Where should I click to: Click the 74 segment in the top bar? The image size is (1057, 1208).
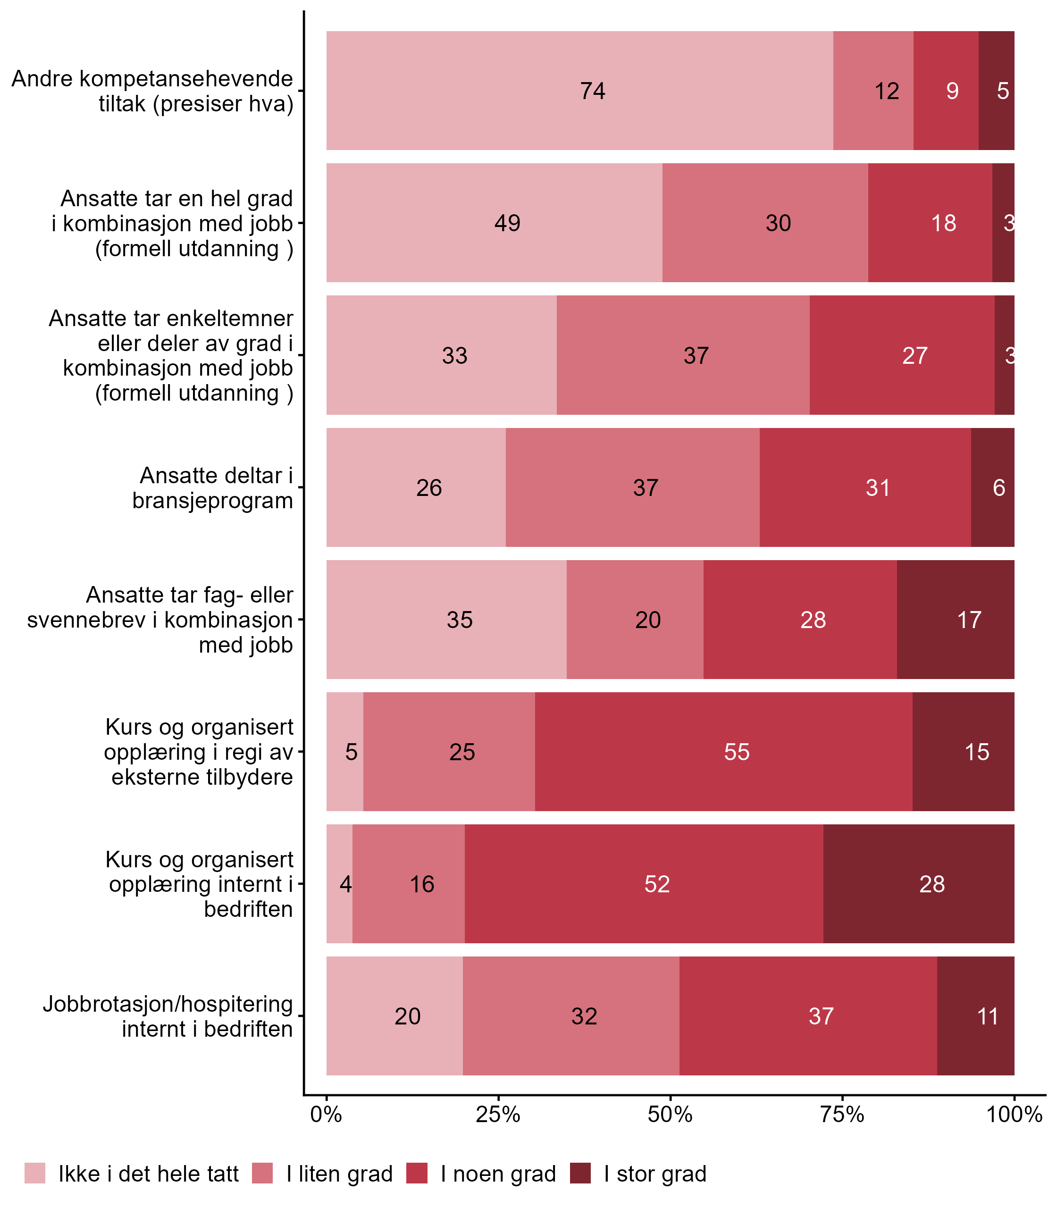[x=579, y=91]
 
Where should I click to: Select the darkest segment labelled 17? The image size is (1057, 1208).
[x=956, y=619]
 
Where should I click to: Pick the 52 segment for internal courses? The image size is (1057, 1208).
[x=644, y=883]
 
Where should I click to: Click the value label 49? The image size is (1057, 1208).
[x=507, y=223]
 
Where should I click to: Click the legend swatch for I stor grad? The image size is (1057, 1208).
[x=580, y=1173]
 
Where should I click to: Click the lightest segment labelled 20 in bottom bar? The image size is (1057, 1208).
[x=394, y=1015]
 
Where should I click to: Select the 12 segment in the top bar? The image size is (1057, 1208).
[x=873, y=91]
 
